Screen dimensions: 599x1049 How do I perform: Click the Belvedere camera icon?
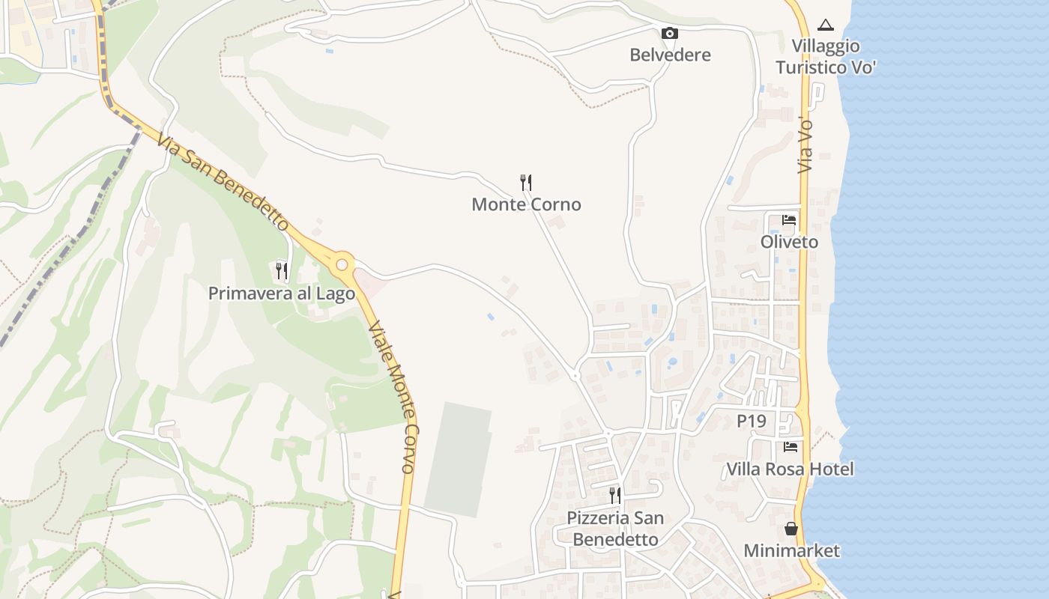coord(670,33)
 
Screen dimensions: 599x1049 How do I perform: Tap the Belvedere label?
coord(670,55)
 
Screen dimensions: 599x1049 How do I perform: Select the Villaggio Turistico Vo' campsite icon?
coord(825,25)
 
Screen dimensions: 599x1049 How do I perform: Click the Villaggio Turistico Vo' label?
coord(826,57)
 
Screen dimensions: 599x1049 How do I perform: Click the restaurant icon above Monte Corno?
coord(526,182)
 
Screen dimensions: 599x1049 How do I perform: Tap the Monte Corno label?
coord(526,204)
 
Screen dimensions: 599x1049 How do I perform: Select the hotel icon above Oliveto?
coord(789,220)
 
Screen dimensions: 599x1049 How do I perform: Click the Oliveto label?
coord(789,242)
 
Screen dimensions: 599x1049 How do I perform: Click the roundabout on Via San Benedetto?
coord(342,264)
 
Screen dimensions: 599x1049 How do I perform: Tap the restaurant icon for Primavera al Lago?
coord(281,270)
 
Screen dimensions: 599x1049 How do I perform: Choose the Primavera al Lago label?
coord(281,294)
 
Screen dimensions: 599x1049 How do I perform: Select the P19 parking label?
coord(752,422)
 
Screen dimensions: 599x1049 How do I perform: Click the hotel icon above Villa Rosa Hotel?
coord(790,447)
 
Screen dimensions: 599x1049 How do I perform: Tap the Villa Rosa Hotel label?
coord(790,469)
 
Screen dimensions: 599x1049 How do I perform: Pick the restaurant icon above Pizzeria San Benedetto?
coord(614,495)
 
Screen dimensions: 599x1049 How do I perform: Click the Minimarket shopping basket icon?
coord(791,529)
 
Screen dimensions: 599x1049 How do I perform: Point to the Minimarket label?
coord(791,551)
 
